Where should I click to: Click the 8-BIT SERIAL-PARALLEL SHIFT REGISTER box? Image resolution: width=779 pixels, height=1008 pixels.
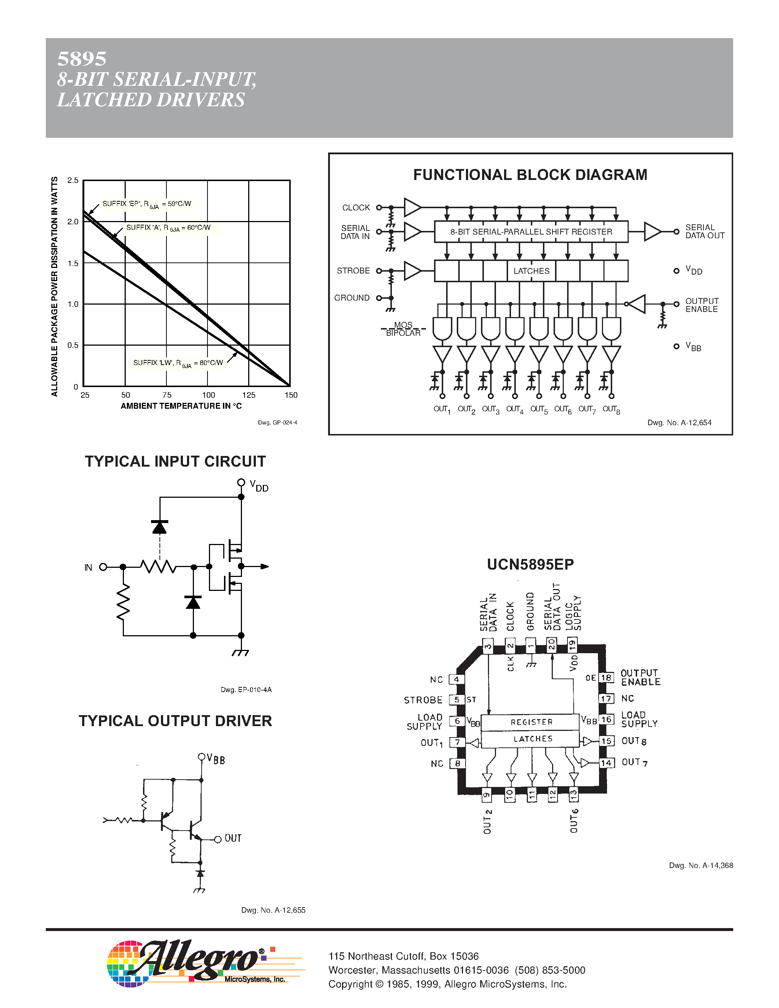(531, 232)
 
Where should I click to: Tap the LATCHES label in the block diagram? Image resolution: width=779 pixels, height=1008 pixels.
(531, 271)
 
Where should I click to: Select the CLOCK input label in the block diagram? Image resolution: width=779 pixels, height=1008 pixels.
(356, 208)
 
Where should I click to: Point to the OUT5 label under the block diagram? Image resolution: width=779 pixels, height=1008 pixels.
(539, 409)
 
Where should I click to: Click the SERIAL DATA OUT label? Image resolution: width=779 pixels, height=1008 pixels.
(704, 232)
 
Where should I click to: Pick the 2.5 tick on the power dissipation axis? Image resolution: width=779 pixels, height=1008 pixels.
(73, 180)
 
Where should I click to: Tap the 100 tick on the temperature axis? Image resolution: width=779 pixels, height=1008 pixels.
(208, 395)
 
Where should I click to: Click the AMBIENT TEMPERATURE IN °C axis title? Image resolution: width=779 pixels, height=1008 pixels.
(181, 406)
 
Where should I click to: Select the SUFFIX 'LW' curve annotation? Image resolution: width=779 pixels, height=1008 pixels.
(178, 363)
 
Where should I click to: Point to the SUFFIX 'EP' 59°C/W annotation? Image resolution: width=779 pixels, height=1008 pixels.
(147, 204)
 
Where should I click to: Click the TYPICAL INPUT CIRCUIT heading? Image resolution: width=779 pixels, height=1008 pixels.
(175, 461)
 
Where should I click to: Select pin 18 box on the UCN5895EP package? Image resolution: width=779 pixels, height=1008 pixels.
(606, 677)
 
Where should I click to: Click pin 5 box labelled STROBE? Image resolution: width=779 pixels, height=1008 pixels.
(456, 700)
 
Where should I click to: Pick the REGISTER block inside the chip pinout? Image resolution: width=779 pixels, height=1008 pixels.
(531, 722)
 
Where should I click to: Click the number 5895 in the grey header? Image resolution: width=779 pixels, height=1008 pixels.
(82, 59)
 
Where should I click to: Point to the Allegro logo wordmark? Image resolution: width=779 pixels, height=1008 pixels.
(198, 961)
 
